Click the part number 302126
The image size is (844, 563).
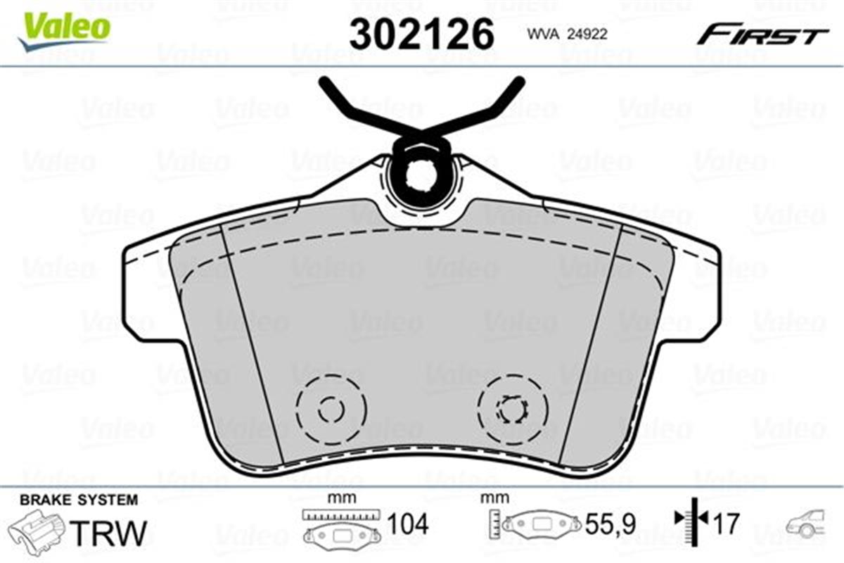[x=421, y=33]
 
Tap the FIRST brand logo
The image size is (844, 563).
[x=762, y=34]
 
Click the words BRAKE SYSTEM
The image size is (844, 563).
[x=79, y=500]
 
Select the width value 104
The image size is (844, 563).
[x=407, y=524]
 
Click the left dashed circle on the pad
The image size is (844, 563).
[x=330, y=409]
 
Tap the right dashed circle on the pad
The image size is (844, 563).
[x=513, y=407]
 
